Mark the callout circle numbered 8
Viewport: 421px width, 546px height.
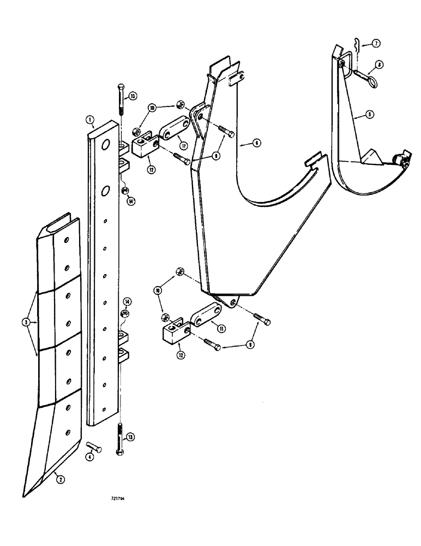tap(380, 64)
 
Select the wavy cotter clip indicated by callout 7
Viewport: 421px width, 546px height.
tap(356, 44)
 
